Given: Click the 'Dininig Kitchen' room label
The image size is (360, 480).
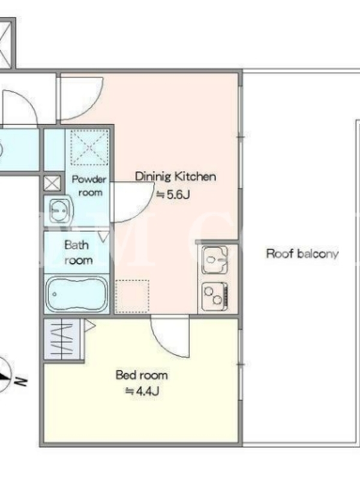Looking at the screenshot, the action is pos(175,177).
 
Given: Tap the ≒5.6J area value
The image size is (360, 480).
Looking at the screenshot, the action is pos(173,194).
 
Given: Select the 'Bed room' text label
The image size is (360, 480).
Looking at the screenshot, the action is pos(142,376).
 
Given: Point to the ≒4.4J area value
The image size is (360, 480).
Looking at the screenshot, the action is pos(142,391).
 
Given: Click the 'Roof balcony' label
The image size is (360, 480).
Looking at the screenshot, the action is pos(302,254).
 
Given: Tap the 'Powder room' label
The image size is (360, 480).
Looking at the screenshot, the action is pos(89,186).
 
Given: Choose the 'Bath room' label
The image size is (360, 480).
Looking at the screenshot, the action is pos(77,253).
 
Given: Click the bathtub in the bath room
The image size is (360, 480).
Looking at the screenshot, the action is pos(77,294).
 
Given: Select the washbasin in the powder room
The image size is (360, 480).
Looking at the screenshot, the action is pos(61,211).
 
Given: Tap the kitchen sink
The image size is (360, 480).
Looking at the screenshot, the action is pos(215,260).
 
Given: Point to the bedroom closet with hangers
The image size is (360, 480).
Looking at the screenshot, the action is pos(62,340).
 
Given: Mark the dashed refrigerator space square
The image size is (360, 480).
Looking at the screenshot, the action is pos(132,296).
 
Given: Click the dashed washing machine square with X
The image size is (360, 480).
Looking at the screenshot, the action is pos(89,148).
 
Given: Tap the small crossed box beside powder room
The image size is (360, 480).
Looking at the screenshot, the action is pos(52,184).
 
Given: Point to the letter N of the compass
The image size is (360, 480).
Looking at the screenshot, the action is pos(20,382).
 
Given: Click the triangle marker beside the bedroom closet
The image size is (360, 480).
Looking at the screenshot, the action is pos(89,326).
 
